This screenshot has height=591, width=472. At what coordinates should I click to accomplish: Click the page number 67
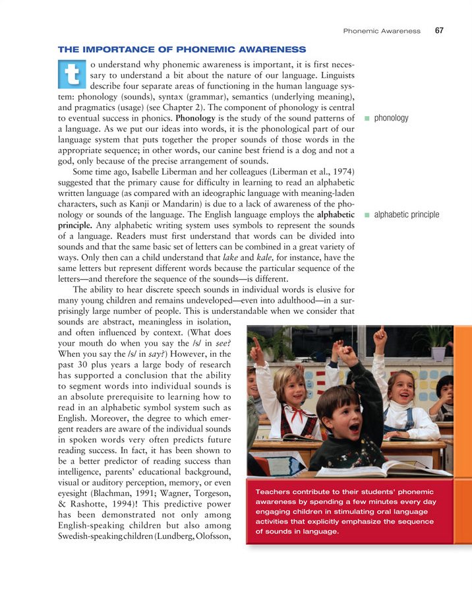[x=439, y=30]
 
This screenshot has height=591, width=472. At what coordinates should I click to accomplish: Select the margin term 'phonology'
[x=391, y=119]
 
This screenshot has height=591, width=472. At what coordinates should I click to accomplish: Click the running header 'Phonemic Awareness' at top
[x=382, y=31]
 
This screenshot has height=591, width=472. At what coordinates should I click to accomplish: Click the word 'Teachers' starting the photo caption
[x=275, y=492]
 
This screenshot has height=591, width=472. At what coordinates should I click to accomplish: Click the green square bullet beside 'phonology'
[x=366, y=119]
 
